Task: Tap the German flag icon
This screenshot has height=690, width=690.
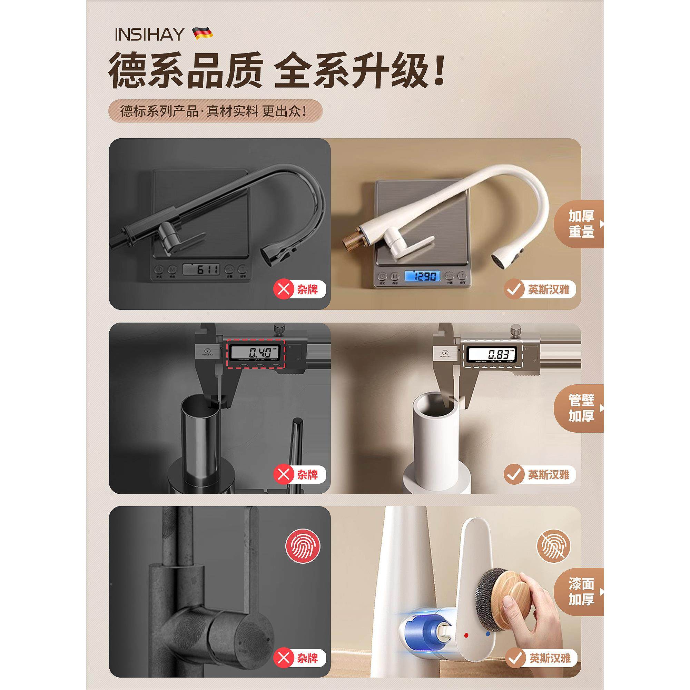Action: pyautogui.click(x=203, y=33)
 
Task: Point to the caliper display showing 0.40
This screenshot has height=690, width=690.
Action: pyautogui.click(x=255, y=353)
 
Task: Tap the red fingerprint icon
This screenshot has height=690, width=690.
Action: pyautogui.click(x=303, y=546)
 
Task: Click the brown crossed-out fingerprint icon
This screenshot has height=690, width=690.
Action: pyautogui.click(x=554, y=546)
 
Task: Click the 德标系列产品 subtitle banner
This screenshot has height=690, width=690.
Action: pyautogui.click(x=215, y=111)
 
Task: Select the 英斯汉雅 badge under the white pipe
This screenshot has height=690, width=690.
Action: pyautogui.click(x=540, y=475)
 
